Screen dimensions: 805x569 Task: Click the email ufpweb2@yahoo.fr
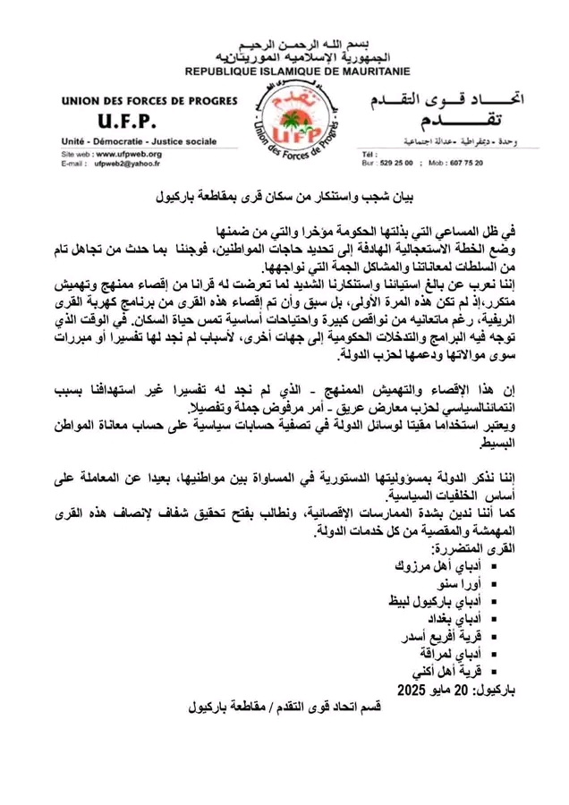tap(121, 164)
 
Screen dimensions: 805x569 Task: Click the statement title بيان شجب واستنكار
tap(284, 193)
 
